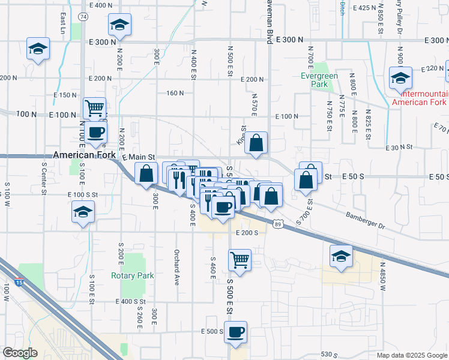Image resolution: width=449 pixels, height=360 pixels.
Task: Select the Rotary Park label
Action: tap(133, 276)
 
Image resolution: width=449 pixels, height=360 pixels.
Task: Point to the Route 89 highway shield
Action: tap(277, 224)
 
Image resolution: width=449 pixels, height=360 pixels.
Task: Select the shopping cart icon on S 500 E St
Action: tap(240, 260)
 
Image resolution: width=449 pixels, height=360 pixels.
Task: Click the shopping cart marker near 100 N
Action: tap(95, 109)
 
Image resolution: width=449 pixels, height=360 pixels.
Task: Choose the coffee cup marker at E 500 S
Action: tap(235, 332)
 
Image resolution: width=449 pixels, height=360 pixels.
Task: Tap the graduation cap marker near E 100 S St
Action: tap(83, 212)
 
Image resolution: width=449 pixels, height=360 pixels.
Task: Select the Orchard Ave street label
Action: tap(177, 266)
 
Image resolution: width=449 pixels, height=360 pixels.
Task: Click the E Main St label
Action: tap(139, 157)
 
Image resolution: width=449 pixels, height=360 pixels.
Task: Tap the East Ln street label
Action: tap(62, 22)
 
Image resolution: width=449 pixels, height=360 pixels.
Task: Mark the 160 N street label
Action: tap(175, 93)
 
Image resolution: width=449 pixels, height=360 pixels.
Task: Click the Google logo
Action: tap(20, 353)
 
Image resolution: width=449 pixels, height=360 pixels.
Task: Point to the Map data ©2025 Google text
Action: tap(411, 355)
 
